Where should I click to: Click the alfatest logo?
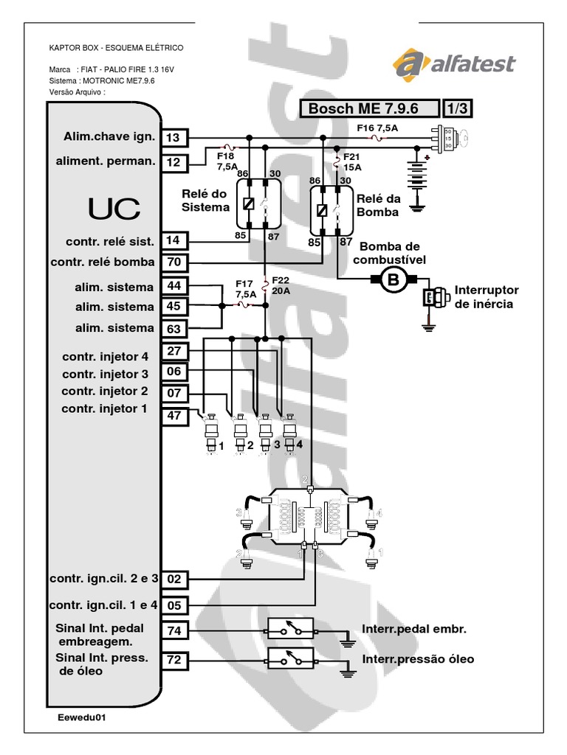click(454, 64)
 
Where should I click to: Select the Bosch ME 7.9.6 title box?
click(368, 108)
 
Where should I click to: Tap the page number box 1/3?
click(457, 108)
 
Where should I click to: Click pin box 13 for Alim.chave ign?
click(174, 137)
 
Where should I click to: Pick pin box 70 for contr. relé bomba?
click(174, 262)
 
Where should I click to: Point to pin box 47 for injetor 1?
click(174, 415)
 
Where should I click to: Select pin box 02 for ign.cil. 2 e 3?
click(174, 579)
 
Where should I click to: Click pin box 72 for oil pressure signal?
click(174, 660)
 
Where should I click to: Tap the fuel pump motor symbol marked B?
click(393, 279)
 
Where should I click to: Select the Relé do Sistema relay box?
click(255, 203)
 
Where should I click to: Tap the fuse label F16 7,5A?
click(377, 127)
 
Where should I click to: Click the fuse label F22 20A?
click(281, 285)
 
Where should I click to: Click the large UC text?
click(114, 209)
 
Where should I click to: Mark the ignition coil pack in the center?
click(309, 518)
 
